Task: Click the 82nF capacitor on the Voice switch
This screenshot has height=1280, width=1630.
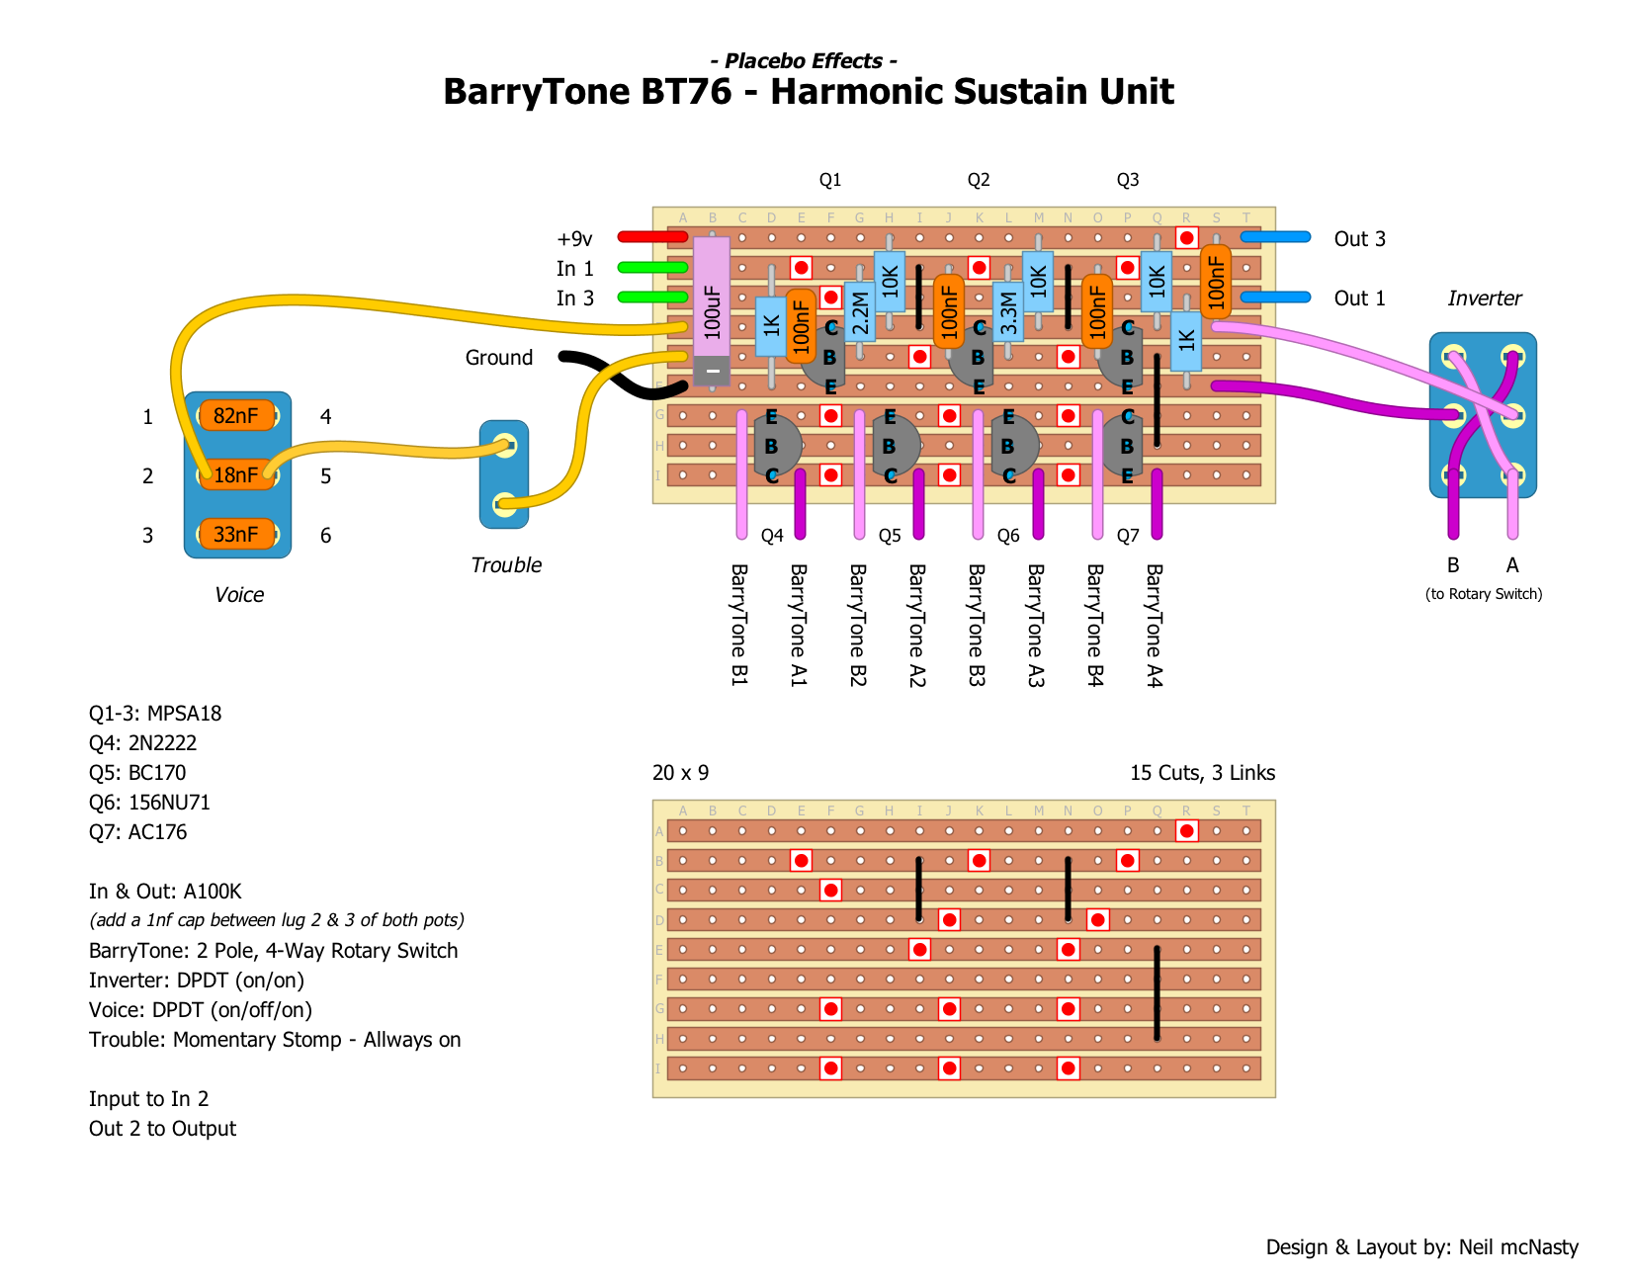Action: pos(235,416)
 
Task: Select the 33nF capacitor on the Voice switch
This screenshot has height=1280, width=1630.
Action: pos(235,535)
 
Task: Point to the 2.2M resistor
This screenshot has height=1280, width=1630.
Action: pos(860,311)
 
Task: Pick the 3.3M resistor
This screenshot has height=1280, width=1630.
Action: pos(1008,311)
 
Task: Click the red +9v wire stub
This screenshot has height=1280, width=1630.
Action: pos(651,237)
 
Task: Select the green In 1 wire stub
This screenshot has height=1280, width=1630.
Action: pos(651,267)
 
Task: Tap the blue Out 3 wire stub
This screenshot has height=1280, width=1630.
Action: pos(1275,237)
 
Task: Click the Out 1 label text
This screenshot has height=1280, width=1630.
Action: pos(1359,299)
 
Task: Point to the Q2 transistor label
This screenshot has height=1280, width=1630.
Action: pos(979,180)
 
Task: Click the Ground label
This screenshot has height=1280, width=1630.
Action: pos(498,358)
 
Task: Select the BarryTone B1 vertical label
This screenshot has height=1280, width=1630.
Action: pos(739,625)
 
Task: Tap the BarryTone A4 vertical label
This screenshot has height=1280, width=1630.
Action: pos(1155,625)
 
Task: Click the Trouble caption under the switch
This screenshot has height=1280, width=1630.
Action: pos(506,565)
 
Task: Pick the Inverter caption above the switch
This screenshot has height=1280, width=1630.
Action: pos(1484,299)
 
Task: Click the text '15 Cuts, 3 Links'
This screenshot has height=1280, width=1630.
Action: pos(1202,773)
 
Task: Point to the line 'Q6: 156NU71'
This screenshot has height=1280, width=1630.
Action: pos(149,803)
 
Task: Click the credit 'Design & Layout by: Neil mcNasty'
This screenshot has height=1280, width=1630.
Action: pos(1421,1247)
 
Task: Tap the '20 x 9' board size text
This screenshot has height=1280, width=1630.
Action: pos(680,773)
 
